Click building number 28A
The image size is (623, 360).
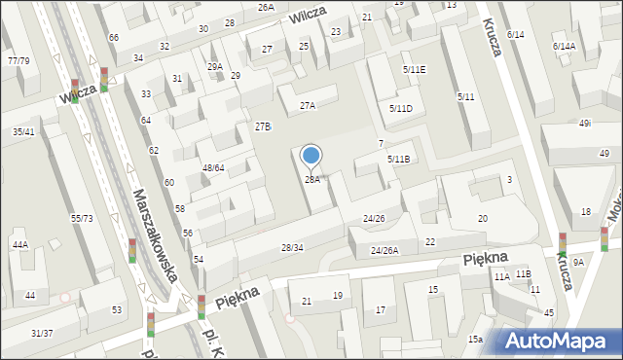[x=311, y=179]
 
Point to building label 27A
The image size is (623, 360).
[x=308, y=105]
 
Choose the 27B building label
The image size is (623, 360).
[x=263, y=126]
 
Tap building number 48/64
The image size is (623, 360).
[x=213, y=167]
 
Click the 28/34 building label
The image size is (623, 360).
[x=292, y=248]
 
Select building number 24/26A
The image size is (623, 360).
[x=385, y=250]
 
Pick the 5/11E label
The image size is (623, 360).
[x=414, y=70]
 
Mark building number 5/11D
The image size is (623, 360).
[x=400, y=108]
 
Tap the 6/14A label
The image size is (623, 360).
[x=564, y=46]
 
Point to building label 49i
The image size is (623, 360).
[x=585, y=124]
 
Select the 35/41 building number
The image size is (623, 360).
[x=23, y=131]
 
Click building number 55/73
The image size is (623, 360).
[x=82, y=218]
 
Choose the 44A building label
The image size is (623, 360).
[x=19, y=245]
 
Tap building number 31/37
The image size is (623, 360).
[x=42, y=333]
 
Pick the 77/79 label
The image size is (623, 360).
[x=18, y=61]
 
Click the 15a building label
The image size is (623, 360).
[x=475, y=339]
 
